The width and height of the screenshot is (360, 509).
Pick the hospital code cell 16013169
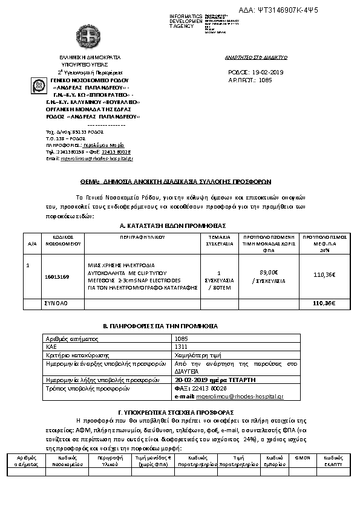tap(57, 276)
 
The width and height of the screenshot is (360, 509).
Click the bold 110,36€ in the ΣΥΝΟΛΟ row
tap(324, 303)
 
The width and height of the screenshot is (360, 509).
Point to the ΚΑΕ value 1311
tap(180, 348)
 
